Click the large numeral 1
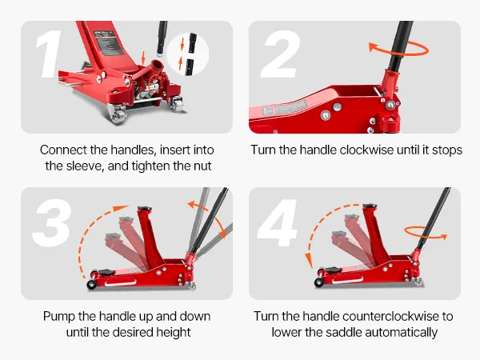[49, 54]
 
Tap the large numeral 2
[280, 54]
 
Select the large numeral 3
[52, 222]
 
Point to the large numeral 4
[278, 222]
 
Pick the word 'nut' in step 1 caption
[202, 166]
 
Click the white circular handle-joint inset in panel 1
[187, 54]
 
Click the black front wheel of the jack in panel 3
[91, 284]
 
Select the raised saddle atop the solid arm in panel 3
[145, 208]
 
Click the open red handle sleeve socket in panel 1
[157, 66]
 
